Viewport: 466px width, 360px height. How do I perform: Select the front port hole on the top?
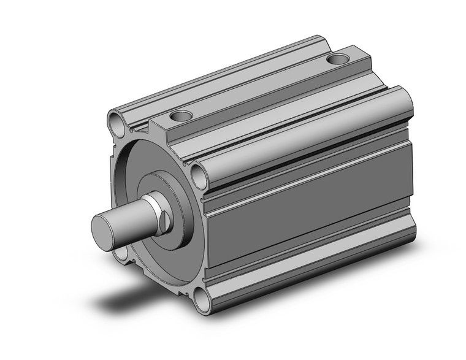click(181, 115)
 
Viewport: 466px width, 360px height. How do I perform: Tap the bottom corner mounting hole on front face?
click(201, 303)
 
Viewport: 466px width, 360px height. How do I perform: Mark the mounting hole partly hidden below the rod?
click(123, 253)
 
